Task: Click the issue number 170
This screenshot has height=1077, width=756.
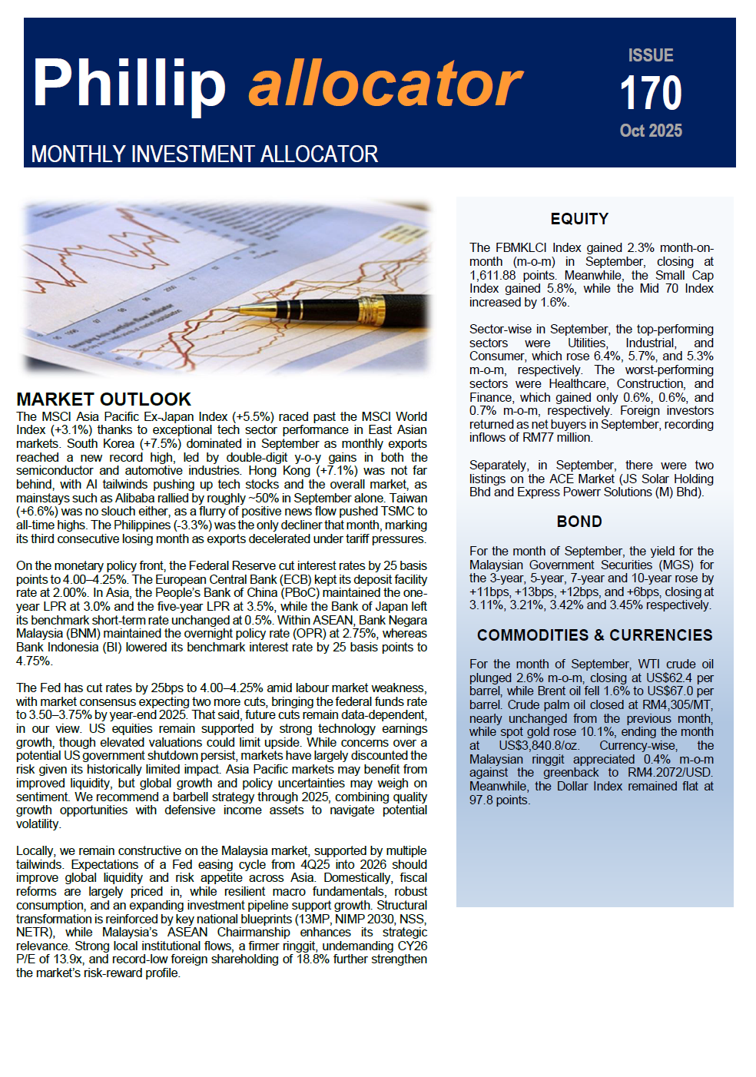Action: (651, 93)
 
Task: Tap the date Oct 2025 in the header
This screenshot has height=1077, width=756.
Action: (651, 131)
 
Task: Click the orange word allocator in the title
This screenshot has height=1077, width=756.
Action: (385, 84)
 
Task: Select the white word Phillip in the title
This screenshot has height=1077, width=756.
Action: (129, 84)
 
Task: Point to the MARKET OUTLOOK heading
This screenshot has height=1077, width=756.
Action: (104, 399)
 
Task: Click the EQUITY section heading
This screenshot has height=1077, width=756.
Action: (579, 219)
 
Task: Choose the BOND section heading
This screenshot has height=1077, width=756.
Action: (579, 522)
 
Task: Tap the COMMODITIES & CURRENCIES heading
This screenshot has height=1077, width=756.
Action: (595, 635)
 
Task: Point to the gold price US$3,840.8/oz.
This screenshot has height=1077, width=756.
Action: (539, 746)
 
